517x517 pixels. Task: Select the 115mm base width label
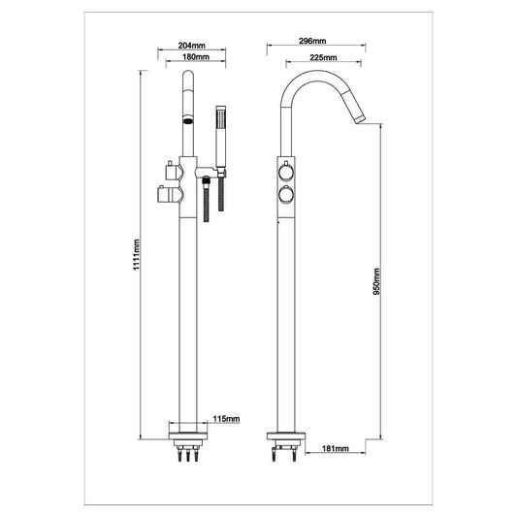(x=225, y=419)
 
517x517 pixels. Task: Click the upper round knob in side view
(x=285, y=174)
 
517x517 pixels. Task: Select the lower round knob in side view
(x=285, y=196)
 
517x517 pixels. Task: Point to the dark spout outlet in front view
(x=187, y=121)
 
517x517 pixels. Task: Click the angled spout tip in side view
(x=359, y=117)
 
